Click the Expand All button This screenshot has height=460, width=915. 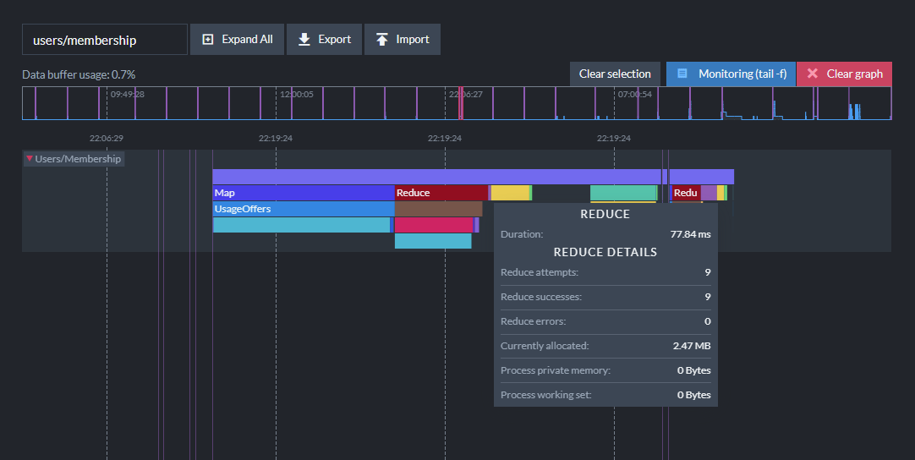237,39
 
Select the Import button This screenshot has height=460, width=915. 402,39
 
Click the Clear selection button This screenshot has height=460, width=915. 615,74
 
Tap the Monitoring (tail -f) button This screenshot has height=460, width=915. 731,74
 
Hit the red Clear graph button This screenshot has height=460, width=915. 845,74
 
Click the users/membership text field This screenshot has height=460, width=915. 105,40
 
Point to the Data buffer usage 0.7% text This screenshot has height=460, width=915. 79,74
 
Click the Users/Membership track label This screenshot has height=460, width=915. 74,159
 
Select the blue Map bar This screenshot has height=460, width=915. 304,193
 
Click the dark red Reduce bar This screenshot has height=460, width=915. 441,193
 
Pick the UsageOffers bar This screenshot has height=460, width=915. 304,209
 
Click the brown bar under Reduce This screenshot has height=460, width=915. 438,209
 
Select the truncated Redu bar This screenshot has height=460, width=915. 686,193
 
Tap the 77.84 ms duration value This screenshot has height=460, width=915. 690,234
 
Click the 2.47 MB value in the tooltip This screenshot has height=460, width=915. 692,346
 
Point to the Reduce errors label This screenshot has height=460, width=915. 534,321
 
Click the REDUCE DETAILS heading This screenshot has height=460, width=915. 605,252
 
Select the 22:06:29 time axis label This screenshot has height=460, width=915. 107,139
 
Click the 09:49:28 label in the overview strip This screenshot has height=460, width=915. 127,94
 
